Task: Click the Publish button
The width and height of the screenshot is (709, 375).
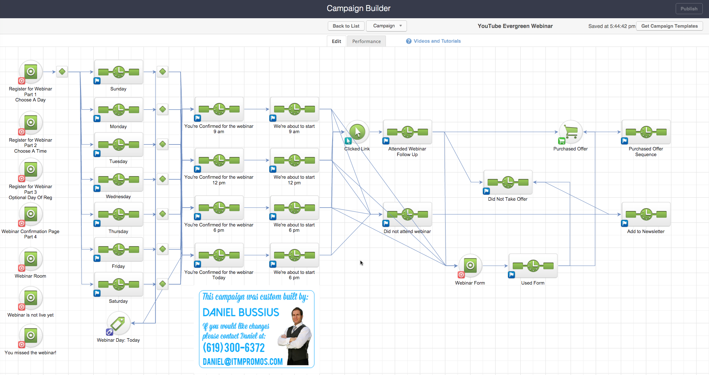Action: (x=689, y=9)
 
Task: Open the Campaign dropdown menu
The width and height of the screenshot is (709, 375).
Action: (x=386, y=26)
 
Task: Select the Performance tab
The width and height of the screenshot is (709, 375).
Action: (x=366, y=41)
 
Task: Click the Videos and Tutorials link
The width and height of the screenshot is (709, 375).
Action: (x=437, y=41)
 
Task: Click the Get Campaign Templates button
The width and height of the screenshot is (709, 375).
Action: (x=669, y=26)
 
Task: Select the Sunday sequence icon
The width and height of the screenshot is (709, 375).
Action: (x=118, y=72)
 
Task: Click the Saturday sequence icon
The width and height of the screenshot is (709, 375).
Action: (x=118, y=284)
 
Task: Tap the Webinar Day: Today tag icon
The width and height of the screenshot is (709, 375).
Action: (x=118, y=323)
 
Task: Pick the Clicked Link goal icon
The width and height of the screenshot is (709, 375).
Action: (x=357, y=132)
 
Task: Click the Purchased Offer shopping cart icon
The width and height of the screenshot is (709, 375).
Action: (x=571, y=132)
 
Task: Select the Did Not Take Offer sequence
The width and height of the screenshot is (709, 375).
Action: (x=508, y=182)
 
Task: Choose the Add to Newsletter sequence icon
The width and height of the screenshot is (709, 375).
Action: (x=646, y=215)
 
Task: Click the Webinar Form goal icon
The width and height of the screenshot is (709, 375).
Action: (x=470, y=266)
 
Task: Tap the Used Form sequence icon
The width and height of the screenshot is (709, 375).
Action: (x=533, y=266)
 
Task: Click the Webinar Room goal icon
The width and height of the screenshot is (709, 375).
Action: (x=30, y=259)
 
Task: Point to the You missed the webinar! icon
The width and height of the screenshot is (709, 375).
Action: (x=30, y=336)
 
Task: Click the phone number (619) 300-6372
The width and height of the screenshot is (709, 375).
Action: (x=234, y=348)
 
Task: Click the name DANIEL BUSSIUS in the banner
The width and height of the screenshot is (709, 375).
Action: (x=241, y=312)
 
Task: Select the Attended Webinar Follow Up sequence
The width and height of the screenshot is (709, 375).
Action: (x=407, y=132)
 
